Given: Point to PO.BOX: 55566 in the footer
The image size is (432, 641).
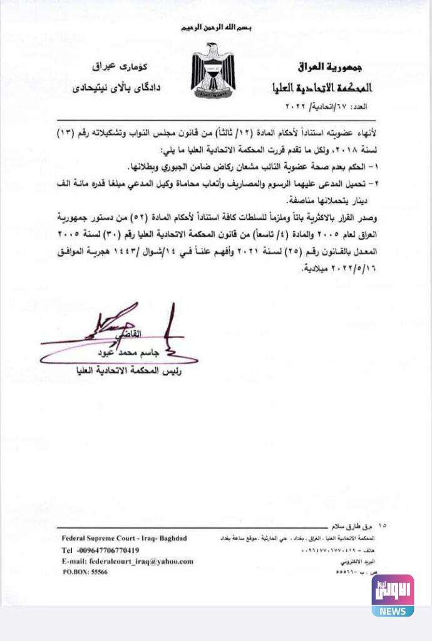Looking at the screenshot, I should point(85,572).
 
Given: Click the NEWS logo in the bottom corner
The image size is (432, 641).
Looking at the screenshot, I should point(393,595).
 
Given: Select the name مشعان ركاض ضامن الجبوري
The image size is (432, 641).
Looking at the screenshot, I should point(188,168).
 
